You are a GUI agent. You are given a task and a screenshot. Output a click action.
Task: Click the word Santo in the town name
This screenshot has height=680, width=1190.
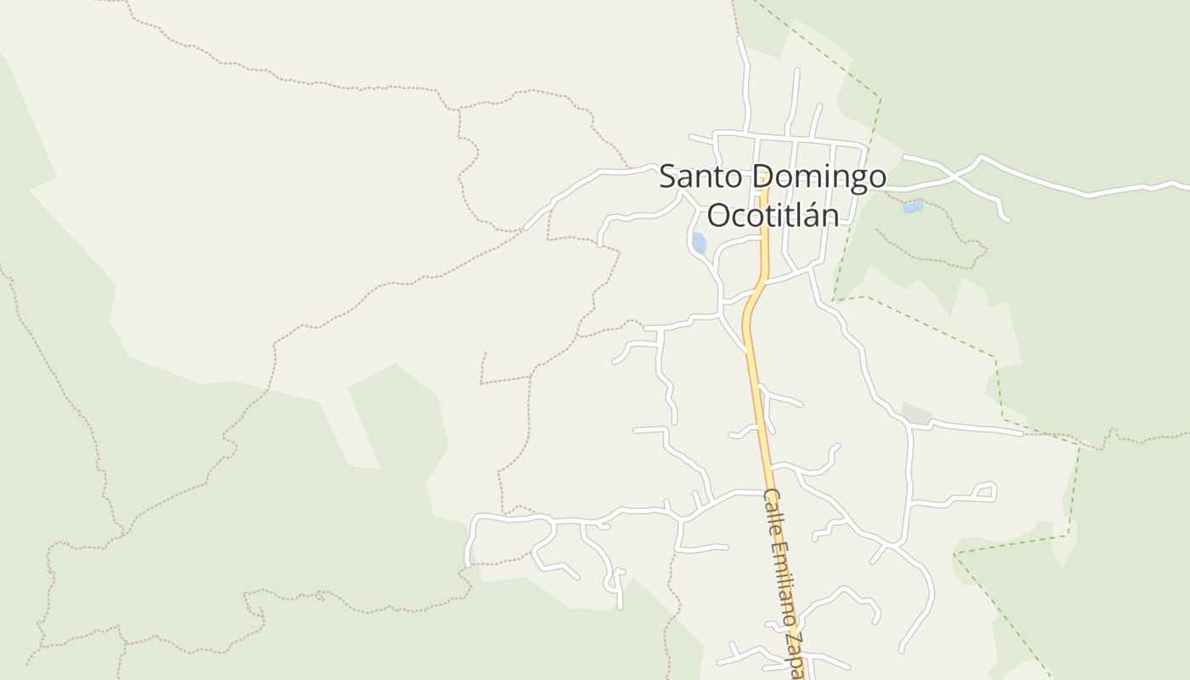[x=702, y=178]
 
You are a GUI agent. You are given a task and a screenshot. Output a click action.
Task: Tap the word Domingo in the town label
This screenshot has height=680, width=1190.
[x=819, y=178]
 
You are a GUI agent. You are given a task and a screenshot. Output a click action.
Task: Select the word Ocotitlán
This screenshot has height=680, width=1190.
[x=773, y=216]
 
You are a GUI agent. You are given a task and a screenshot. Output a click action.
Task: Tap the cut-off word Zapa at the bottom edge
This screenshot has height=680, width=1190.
[x=798, y=654]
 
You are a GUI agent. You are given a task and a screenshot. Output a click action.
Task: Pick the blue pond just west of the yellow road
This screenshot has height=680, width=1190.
[x=699, y=243]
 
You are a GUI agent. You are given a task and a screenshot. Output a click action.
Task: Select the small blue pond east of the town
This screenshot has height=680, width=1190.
[x=912, y=207]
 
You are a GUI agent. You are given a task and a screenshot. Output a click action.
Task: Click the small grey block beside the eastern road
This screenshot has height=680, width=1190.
[x=916, y=414]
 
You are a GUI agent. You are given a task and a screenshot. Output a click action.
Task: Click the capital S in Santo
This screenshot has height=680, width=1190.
[x=668, y=178]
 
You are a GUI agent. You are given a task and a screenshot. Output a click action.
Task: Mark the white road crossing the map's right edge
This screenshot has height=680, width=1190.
[x=1181, y=185]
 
